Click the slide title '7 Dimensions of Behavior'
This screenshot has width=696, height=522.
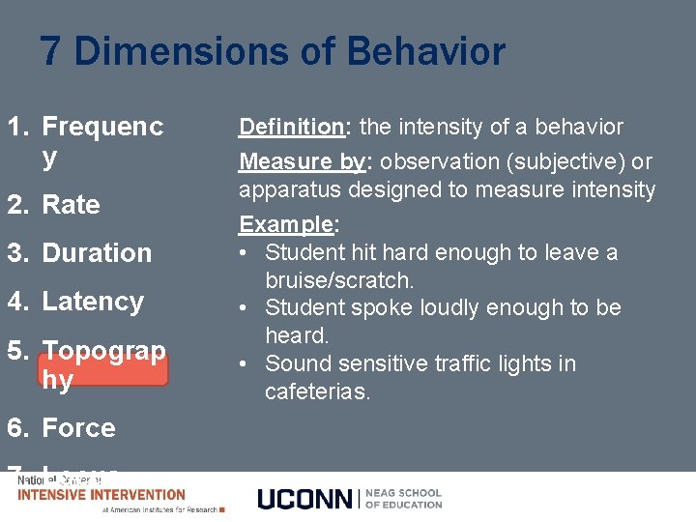[273, 51]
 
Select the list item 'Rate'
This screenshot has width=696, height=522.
[71, 205]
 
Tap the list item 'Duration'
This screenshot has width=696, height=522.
[97, 253]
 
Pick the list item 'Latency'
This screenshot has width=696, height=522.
[93, 302]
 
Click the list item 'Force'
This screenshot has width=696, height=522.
[78, 427]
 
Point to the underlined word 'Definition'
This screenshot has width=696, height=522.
[291, 127]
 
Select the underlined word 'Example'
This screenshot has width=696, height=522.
[285, 224]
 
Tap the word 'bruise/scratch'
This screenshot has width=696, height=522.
[338, 280]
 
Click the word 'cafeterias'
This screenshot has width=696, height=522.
[317, 391]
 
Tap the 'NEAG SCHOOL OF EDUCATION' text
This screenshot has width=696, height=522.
[404, 498]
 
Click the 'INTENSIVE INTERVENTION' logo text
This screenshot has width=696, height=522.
[101, 494]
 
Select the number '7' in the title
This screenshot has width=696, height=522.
[51, 51]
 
